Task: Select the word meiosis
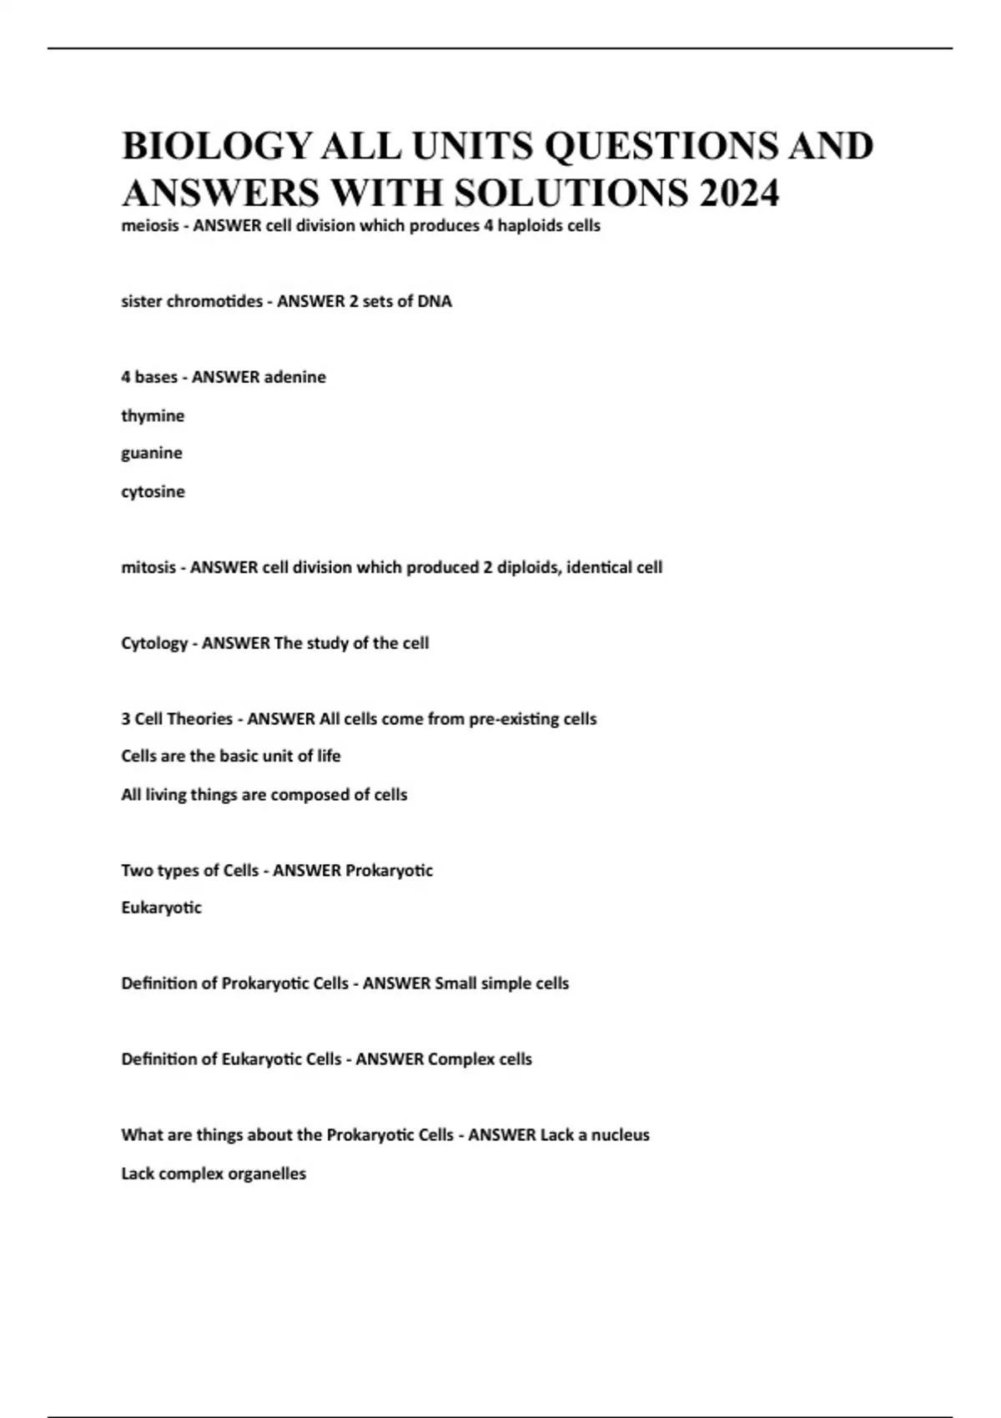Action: (149, 226)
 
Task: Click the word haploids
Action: (531, 226)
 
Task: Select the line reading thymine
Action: (153, 415)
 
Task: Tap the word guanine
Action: (152, 453)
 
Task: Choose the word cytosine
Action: (153, 491)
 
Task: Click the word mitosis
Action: (148, 567)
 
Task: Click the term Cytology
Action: (154, 643)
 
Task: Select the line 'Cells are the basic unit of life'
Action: (231, 756)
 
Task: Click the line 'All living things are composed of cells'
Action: (264, 794)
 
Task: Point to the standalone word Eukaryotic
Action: (161, 908)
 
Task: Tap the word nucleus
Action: (620, 1135)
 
